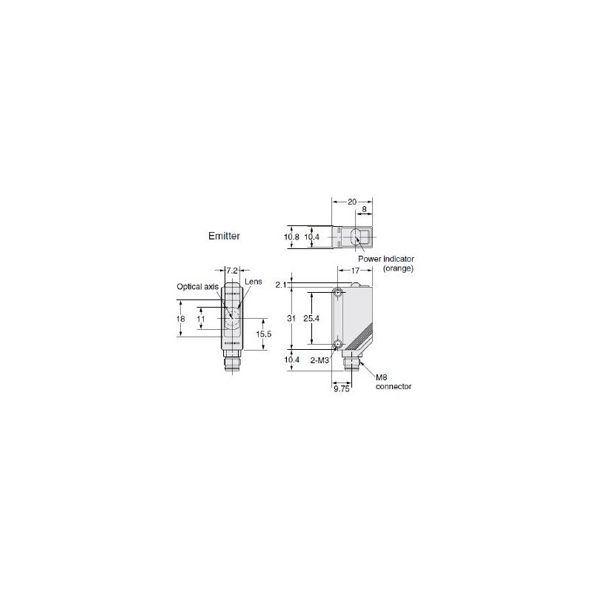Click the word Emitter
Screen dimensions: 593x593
click(224, 236)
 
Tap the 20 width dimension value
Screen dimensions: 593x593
click(351, 202)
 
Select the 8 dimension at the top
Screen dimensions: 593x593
click(364, 209)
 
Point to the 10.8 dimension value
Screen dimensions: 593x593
click(291, 237)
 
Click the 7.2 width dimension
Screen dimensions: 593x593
click(231, 271)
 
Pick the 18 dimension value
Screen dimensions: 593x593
click(180, 319)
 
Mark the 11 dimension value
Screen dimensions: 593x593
click(201, 319)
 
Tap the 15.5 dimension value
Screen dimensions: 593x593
click(264, 334)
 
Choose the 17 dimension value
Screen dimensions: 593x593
click(355, 271)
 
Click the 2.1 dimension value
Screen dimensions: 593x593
click(281, 285)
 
